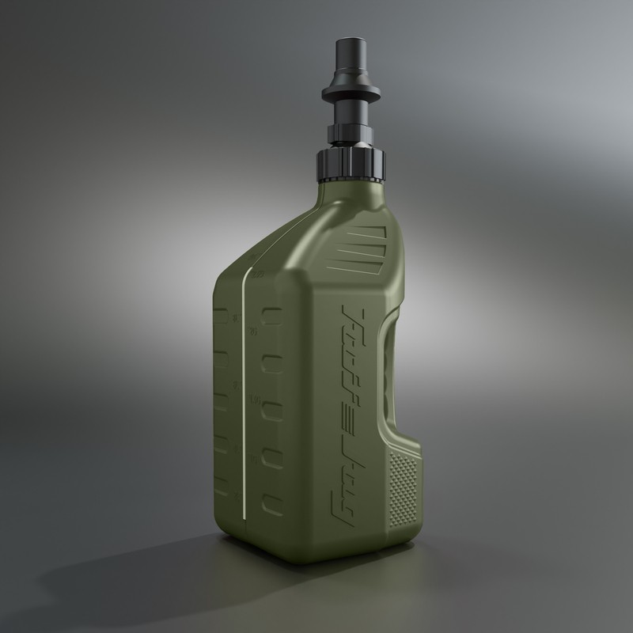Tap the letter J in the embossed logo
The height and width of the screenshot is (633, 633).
tap(342, 431)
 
